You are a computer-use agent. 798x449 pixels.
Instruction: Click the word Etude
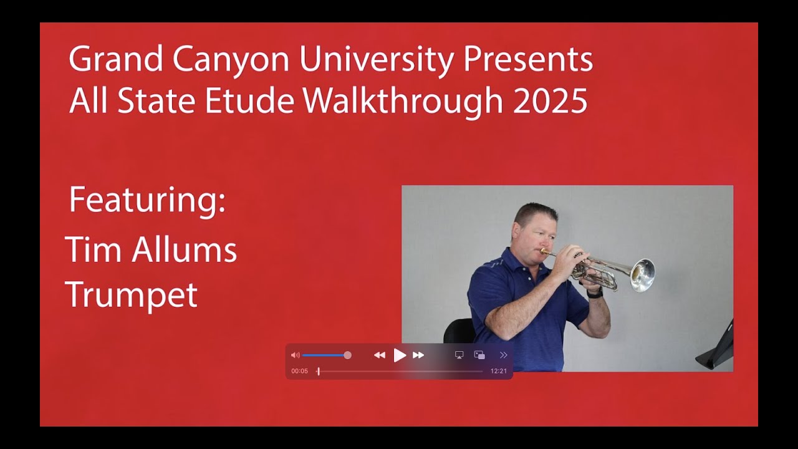(x=249, y=101)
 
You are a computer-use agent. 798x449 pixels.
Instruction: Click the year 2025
(x=550, y=101)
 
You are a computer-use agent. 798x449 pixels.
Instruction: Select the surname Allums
(x=184, y=250)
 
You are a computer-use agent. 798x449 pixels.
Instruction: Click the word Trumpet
(x=131, y=295)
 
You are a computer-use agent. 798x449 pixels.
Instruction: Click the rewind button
(x=379, y=355)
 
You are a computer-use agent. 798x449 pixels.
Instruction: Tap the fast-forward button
(x=418, y=355)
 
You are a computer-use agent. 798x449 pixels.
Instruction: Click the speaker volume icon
(x=296, y=355)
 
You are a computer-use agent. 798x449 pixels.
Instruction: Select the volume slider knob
(x=347, y=355)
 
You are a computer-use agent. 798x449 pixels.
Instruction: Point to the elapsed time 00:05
(x=299, y=371)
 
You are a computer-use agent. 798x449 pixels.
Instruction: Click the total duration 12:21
(x=499, y=371)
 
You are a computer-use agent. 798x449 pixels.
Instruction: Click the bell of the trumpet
(x=643, y=275)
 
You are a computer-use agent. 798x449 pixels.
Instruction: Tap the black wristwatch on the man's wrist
(x=595, y=293)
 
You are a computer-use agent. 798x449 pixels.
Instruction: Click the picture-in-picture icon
(x=479, y=355)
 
